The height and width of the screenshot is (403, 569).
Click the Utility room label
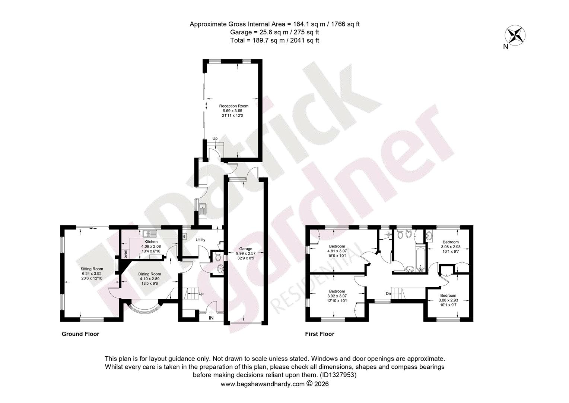tap(200, 240)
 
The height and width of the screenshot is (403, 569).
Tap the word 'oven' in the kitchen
tap(125, 254)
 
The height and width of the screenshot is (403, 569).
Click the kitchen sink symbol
tap(150, 234)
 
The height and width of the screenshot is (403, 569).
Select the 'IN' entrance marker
tap(211, 318)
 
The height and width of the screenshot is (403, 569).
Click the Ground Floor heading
tap(80, 334)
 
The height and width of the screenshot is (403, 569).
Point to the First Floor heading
tap(320, 334)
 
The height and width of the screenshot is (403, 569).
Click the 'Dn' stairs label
tap(388, 294)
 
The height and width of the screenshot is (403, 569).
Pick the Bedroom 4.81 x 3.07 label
tap(337, 251)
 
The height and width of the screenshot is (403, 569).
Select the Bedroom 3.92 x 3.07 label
tap(337, 296)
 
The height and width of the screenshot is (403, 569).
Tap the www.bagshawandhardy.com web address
tap(263, 384)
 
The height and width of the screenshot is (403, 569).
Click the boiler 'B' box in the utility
tap(185, 236)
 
